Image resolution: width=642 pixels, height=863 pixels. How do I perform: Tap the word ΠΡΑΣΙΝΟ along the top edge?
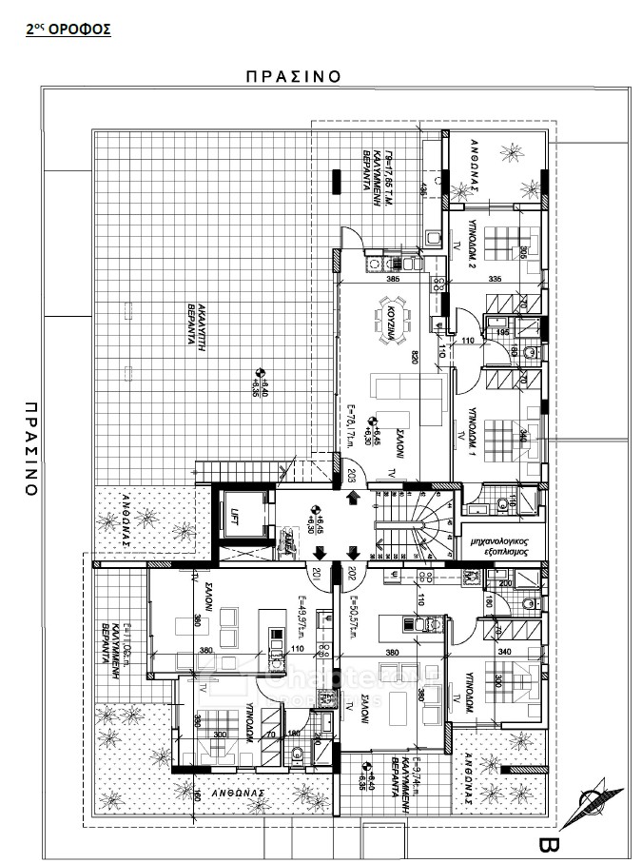[x=293, y=76]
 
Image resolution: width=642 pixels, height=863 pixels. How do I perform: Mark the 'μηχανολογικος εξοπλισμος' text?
[x=499, y=545]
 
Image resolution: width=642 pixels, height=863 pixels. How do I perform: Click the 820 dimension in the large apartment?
[x=415, y=359]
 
